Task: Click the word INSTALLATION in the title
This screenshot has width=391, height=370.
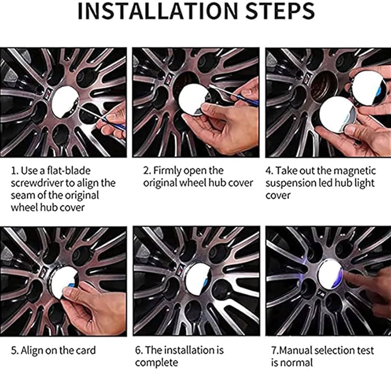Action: pos(158,11)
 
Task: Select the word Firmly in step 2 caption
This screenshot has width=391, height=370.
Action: pos(168,171)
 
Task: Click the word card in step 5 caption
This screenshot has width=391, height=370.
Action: pos(86,350)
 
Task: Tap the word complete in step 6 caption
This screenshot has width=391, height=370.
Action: pos(157,363)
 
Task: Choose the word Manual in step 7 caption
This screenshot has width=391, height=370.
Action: pos(294,350)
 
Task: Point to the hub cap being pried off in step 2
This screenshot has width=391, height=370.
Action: pos(192,100)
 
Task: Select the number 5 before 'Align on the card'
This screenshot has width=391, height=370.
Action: pos(14,351)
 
